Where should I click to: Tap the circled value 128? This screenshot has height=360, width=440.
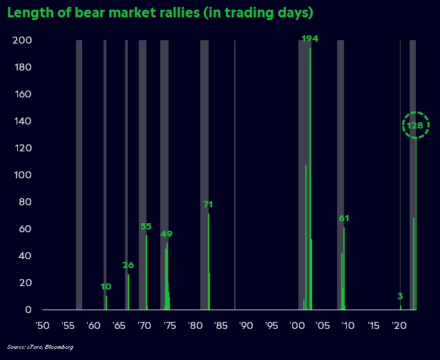pyautogui.click(x=415, y=125)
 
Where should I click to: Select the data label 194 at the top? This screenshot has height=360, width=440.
pyautogui.click(x=310, y=39)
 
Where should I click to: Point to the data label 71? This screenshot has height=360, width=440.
pyautogui.click(x=208, y=205)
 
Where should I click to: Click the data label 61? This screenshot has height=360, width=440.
pyautogui.click(x=344, y=218)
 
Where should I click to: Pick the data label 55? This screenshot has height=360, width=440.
pyautogui.click(x=146, y=227)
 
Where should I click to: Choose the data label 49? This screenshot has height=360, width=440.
pyautogui.click(x=166, y=234)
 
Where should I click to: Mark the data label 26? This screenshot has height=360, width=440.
pyautogui.click(x=128, y=265)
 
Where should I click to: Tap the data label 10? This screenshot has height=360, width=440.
pyautogui.click(x=106, y=287)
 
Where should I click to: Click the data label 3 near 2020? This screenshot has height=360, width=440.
pyautogui.click(x=400, y=296)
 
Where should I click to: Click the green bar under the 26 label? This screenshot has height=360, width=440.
pyautogui.click(x=128, y=292)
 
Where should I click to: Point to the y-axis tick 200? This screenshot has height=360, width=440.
pyautogui.click(x=21, y=41)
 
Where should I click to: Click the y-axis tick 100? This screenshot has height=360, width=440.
pyautogui.click(x=21, y=176)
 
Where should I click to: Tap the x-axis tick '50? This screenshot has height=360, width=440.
pyautogui.click(x=42, y=325)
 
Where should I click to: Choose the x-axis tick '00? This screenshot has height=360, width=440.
pyautogui.click(x=298, y=325)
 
